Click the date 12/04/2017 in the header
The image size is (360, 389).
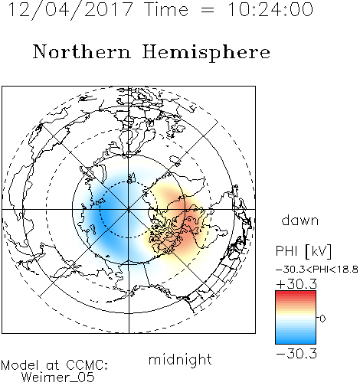(70, 10)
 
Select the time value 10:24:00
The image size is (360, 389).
(270, 10)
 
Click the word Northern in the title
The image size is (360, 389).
(82, 51)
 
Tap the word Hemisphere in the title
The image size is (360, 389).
(206, 53)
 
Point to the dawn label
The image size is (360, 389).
(300, 220)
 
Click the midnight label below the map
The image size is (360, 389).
(180, 359)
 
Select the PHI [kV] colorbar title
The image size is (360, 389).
(304, 251)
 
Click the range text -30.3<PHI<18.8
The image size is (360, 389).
(317, 270)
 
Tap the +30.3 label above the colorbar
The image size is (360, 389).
(296, 284)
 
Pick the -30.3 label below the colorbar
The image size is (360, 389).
(296, 354)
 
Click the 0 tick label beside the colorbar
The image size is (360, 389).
(322, 319)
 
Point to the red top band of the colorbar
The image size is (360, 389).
(296, 293)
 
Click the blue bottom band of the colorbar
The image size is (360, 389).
(296, 341)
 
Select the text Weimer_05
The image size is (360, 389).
(58, 378)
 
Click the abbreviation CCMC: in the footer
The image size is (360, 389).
(87, 365)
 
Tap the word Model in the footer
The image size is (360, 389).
(20, 365)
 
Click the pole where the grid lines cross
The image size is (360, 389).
(129, 210)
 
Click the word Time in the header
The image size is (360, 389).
(166, 10)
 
